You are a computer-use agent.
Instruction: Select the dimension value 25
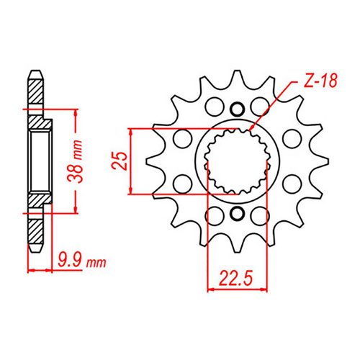pyautogui.click(x=122, y=161)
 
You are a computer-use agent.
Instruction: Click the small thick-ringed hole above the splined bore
pyautogui.click(x=237, y=107)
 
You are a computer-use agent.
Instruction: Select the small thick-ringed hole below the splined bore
pyautogui.click(x=237, y=214)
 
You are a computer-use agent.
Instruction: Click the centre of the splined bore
pyautogui.click(x=237, y=161)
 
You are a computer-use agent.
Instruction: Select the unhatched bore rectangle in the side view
pyautogui.click(x=40, y=160)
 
